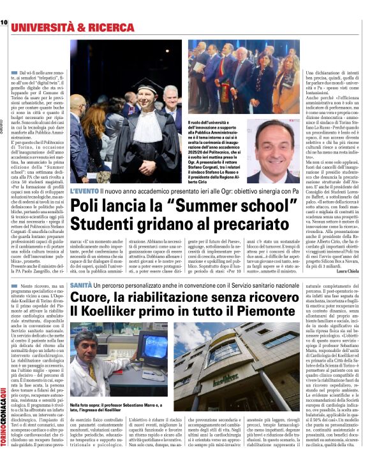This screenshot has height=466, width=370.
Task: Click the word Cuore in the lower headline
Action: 92,299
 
